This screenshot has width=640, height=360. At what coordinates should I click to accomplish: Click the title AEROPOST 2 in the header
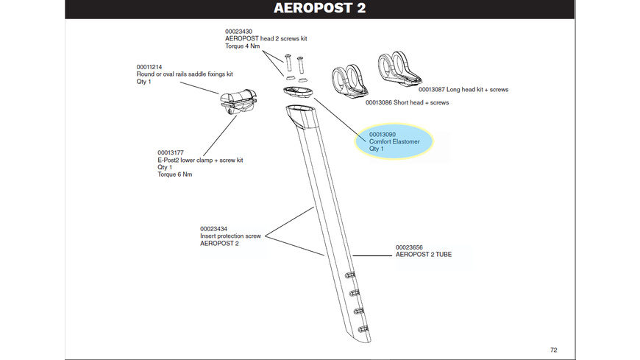[x=319, y=9]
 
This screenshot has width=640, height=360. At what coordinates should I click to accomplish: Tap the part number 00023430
[x=239, y=32]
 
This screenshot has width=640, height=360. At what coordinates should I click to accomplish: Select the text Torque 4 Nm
[x=243, y=46]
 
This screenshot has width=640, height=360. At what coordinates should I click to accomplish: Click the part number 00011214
[x=151, y=67]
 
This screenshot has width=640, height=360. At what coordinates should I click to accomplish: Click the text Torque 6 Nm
[x=175, y=174]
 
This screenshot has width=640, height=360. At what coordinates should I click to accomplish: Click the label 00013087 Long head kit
[x=463, y=90]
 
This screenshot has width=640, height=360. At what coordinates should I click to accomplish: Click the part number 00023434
[x=215, y=229]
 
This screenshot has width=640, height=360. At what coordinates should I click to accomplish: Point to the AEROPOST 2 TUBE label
[x=424, y=255]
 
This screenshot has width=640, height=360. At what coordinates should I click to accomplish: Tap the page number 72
[x=553, y=350]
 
